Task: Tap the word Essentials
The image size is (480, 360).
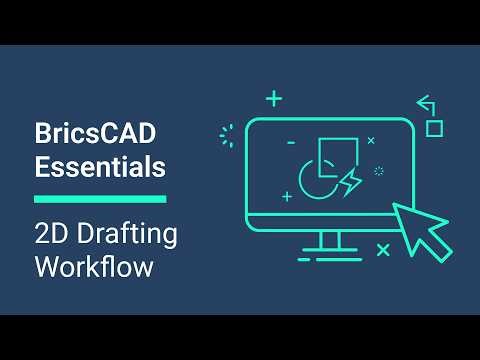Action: [100, 167]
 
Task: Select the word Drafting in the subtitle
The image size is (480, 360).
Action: [124, 235]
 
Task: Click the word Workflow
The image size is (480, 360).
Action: [94, 267]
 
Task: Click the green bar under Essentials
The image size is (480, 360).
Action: [100, 199]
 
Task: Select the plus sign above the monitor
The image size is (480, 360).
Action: [274, 98]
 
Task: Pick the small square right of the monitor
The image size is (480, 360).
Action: [434, 128]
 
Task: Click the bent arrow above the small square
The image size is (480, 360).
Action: [426, 103]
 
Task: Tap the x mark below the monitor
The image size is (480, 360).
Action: [383, 250]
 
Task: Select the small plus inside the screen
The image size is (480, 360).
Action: [288, 196]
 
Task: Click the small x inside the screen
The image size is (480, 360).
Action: [371, 141]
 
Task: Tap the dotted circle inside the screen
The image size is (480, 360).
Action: [379, 171]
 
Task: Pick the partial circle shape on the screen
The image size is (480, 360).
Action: [313, 181]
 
